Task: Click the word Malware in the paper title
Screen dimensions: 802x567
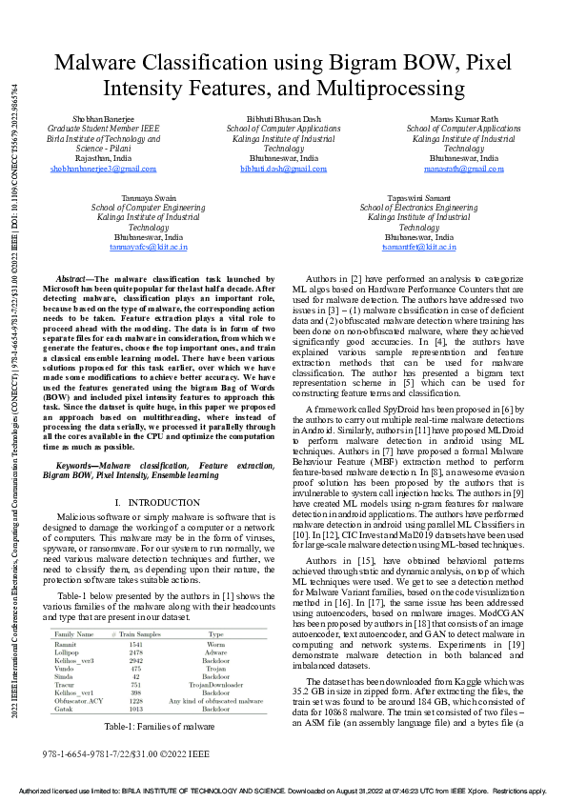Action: point(97,64)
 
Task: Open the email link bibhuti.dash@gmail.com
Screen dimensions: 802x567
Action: point(283,169)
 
